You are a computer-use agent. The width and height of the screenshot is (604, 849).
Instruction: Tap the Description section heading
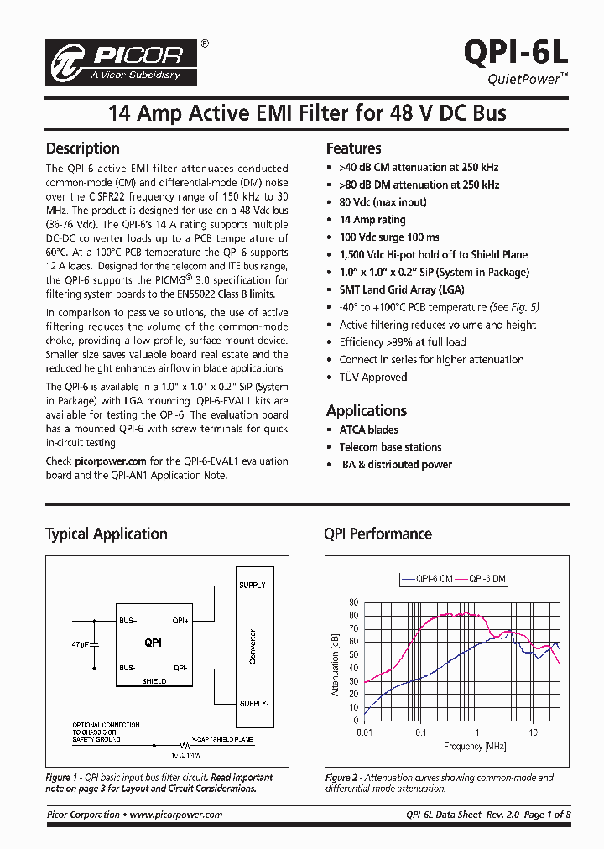(x=82, y=148)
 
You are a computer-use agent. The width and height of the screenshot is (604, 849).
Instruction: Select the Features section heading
(x=353, y=148)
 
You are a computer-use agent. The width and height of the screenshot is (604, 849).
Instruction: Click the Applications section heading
(x=366, y=410)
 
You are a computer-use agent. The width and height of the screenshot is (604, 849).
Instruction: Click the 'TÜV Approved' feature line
(x=372, y=377)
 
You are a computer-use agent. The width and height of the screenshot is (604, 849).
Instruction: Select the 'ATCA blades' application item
(x=368, y=430)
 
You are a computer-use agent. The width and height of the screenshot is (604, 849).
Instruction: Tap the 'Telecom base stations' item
(x=390, y=447)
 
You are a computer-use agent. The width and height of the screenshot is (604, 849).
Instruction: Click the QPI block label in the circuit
(x=153, y=643)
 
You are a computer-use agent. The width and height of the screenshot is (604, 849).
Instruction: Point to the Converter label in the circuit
(x=253, y=647)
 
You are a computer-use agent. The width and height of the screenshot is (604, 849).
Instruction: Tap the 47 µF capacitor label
(x=81, y=644)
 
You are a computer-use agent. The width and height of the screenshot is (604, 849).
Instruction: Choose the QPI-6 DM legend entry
(x=487, y=579)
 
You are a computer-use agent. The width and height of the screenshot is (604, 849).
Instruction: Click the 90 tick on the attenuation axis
(x=353, y=602)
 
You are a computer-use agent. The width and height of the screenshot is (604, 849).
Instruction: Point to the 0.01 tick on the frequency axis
(x=364, y=732)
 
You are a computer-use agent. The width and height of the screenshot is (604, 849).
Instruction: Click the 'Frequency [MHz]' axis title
(x=451, y=746)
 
